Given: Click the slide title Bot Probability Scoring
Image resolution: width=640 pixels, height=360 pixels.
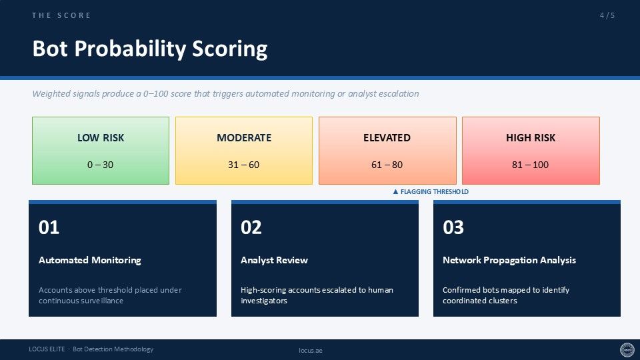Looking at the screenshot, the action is point(150,49).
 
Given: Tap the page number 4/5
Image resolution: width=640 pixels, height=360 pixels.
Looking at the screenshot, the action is point(607,15).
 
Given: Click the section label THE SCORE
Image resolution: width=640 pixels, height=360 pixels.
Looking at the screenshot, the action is point(61,15).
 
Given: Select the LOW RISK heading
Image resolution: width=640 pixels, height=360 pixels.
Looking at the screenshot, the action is point(101,137).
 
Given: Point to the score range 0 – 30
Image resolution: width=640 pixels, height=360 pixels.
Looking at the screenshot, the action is point(101,165).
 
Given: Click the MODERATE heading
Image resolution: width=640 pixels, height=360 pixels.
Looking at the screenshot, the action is point(244,137).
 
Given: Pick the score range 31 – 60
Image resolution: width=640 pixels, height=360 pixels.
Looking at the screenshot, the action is point(244,165).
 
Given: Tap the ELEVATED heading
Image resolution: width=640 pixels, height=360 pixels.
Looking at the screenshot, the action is point(387,137).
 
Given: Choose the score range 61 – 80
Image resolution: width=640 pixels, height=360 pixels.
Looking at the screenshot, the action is point(387,165).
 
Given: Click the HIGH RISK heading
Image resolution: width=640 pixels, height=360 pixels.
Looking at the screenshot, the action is point(531,137).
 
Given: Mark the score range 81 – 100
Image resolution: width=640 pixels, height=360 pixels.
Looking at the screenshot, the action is point(530,165).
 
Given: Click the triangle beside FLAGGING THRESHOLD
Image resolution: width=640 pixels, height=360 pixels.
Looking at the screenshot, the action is point(395,191).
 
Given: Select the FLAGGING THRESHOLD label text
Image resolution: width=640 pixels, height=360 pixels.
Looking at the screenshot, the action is point(434,191).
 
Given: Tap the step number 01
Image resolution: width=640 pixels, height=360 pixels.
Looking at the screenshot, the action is point(49,227).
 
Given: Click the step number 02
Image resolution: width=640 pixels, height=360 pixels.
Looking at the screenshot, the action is point(251,227).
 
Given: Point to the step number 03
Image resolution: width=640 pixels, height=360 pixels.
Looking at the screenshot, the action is point(453,227).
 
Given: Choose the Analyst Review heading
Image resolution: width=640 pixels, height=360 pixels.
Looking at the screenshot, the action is point(274,260).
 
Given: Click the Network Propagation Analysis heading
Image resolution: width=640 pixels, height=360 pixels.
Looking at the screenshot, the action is point(509,260).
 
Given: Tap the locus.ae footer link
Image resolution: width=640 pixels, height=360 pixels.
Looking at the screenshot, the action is point(311,350).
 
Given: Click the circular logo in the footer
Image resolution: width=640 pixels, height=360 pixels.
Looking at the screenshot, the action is point(627,350).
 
